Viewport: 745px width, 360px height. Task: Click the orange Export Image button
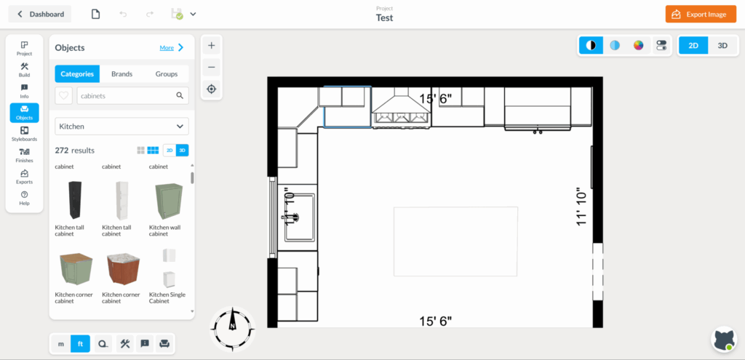[x=701, y=14]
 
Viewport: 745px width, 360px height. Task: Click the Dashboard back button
[x=40, y=14]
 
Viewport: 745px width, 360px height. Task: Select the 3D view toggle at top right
[x=722, y=45]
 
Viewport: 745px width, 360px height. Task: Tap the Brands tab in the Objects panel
[x=121, y=73]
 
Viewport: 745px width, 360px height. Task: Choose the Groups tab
[x=166, y=73]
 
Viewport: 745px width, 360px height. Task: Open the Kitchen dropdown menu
[x=121, y=127]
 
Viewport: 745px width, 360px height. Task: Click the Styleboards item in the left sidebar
[x=24, y=134]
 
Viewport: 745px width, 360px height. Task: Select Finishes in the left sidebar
[x=24, y=155]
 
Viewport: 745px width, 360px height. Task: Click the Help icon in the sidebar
[x=24, y=198]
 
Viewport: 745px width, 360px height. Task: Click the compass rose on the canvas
[x=232, y=328]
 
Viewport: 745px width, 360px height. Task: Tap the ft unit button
[x=80, y=343]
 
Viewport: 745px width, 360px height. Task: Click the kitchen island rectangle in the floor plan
[x=455, y=241]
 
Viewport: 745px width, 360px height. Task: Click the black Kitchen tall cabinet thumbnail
[x=75, y=201]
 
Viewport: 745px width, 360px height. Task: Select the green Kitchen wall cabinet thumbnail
[x=167, y=201]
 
